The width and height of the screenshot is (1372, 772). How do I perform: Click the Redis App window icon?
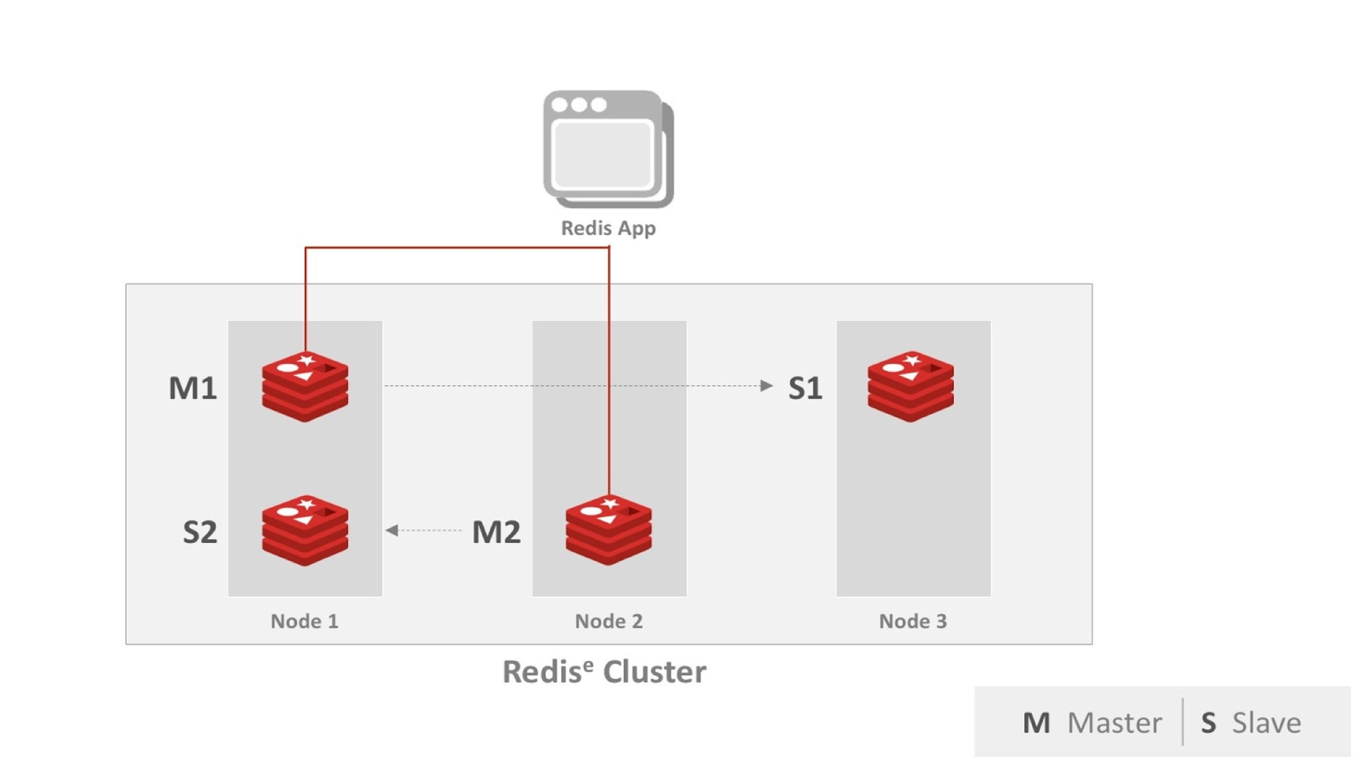(608, 149)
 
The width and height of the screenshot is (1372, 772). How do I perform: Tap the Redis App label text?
(608, 228)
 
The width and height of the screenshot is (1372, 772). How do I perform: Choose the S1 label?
(805, 388)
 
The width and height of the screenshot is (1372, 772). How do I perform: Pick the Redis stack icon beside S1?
(910, 387)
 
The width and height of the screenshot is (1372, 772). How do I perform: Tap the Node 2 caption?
(609, 621)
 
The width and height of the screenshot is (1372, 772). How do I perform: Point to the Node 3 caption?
(913, 621)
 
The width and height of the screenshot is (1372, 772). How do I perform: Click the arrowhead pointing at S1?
(766, 386)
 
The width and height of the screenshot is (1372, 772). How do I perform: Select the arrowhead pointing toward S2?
(392, 530)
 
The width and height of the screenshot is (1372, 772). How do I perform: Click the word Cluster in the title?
(655, 672)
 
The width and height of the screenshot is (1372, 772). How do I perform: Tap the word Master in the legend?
(1114, 723)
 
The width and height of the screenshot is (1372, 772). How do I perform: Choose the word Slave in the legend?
(1267, 723)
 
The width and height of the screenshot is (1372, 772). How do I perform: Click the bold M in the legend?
(1036, 723)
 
